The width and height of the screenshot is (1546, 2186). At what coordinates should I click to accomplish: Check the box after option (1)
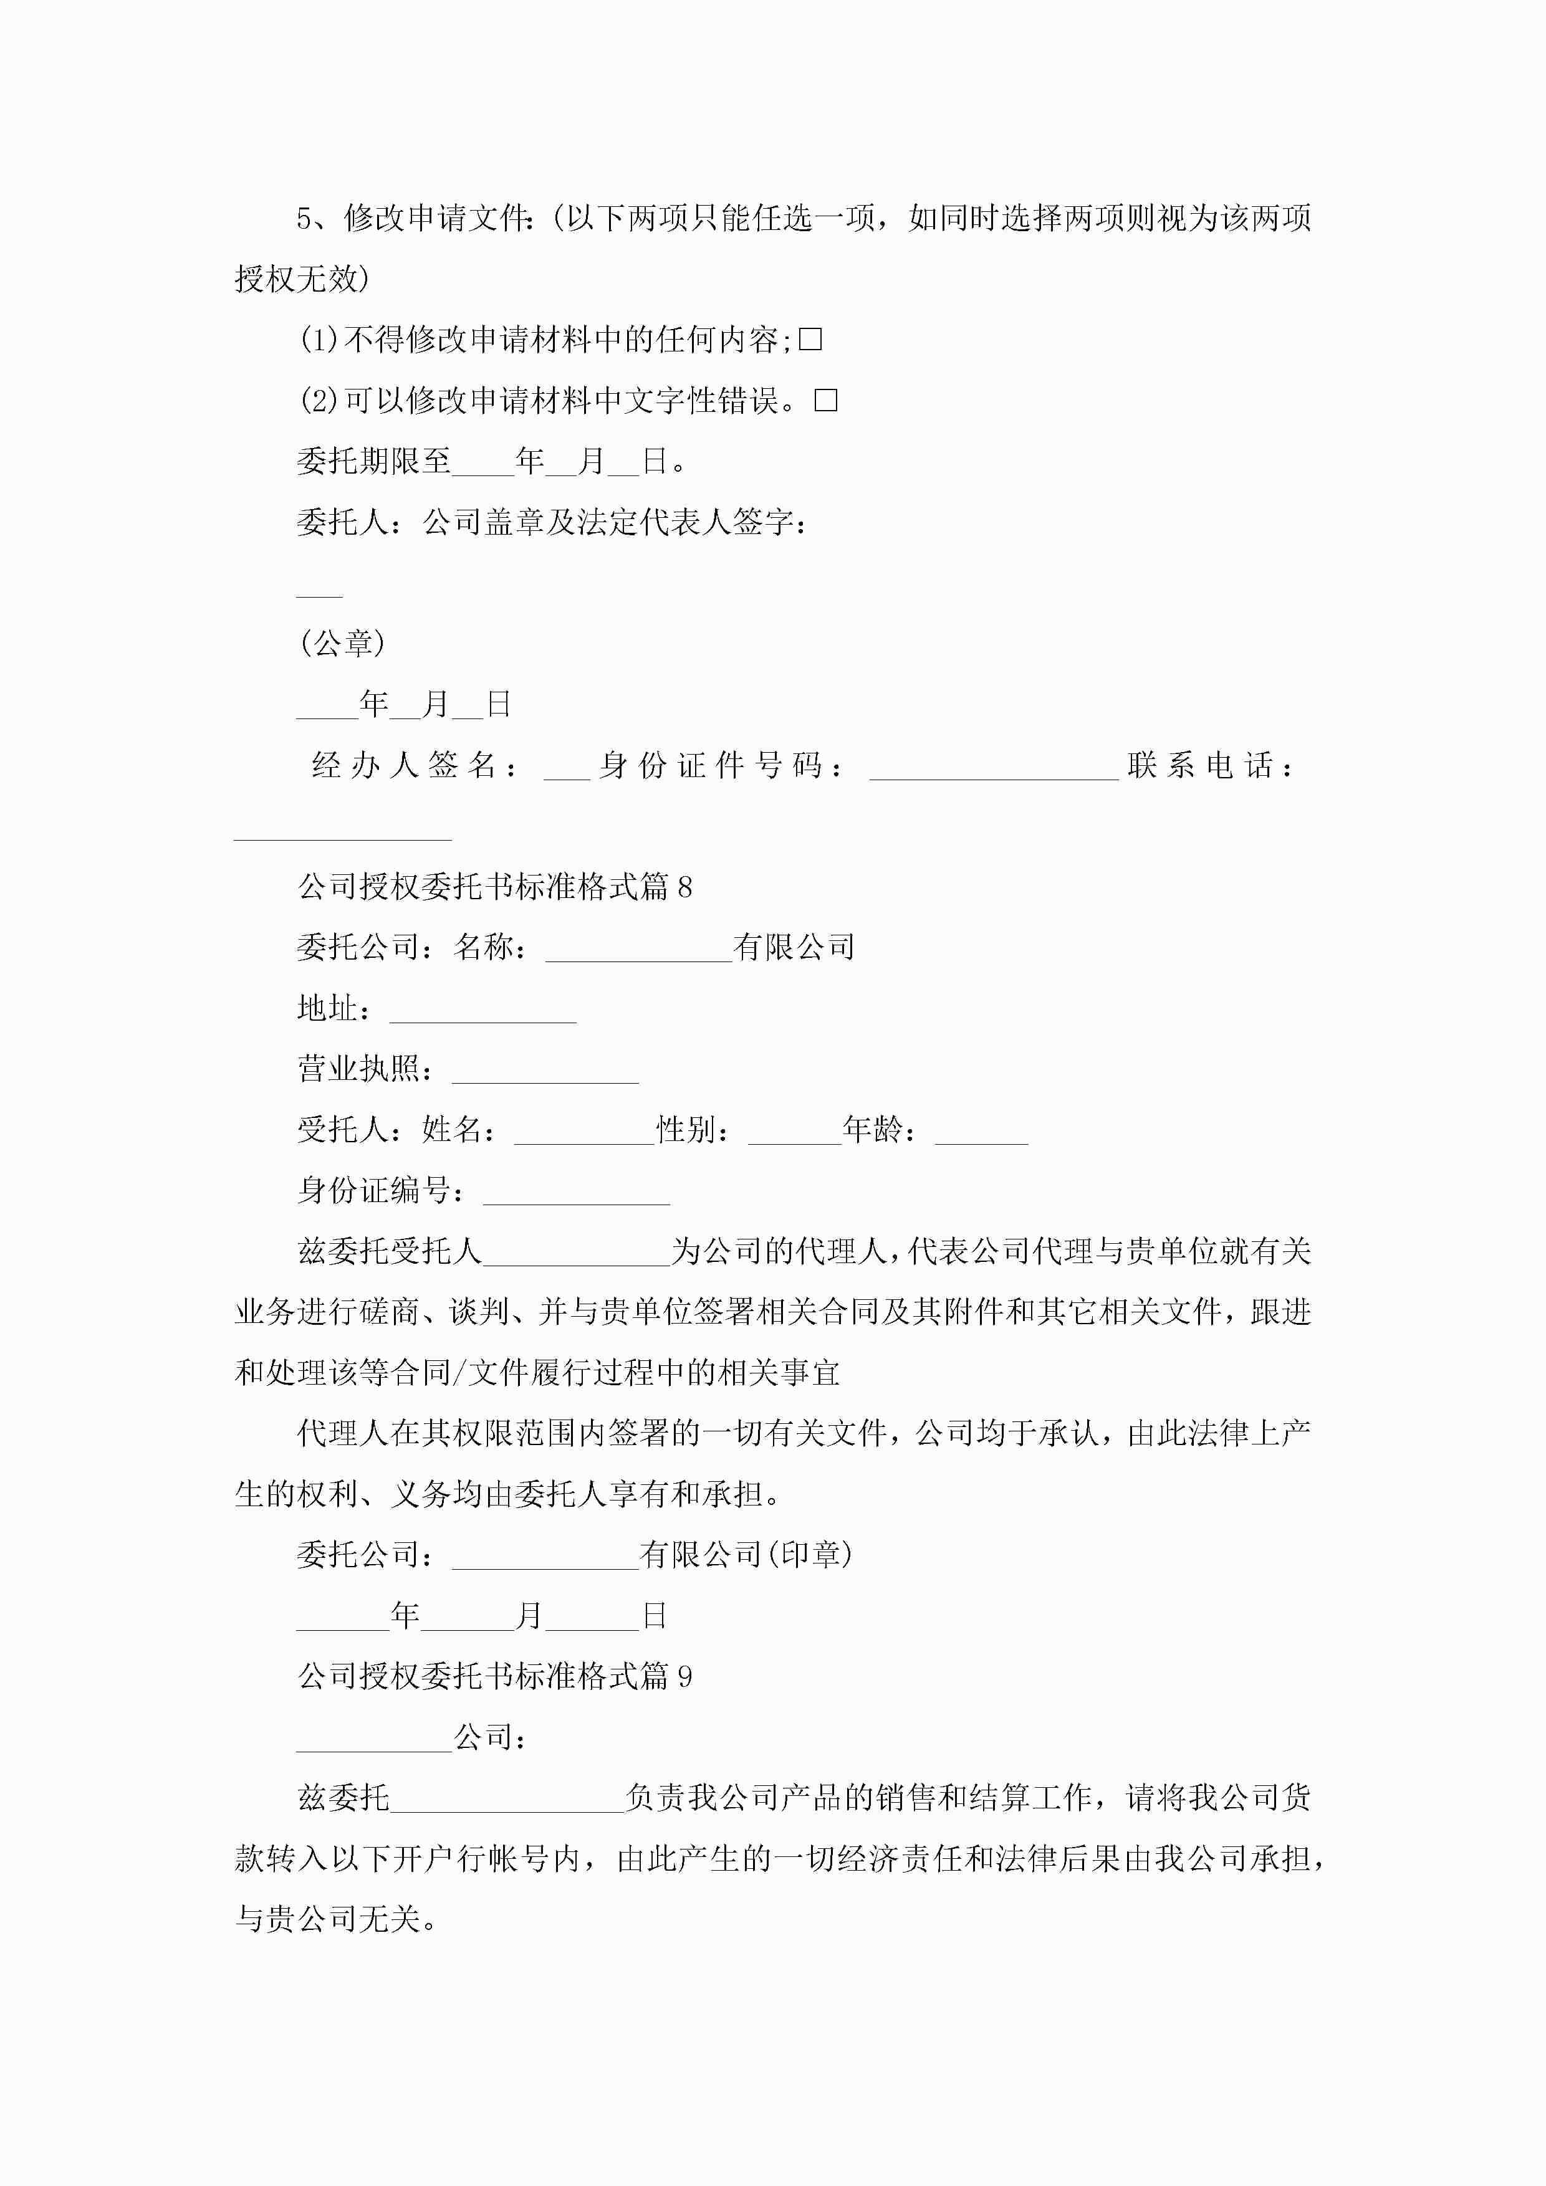pos(810,339)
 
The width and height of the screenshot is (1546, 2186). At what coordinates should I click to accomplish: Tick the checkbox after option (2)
pos(826,400)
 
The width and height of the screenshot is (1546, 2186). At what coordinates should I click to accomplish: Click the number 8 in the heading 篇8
pos(685,887)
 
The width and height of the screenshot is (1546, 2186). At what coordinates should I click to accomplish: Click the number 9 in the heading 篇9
pos(685,1677)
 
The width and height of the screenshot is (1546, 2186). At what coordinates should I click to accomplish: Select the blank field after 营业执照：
pos(545,1073)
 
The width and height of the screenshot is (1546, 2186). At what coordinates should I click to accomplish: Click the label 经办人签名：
pos(415,765)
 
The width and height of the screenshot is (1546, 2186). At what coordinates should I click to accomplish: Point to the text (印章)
pos(810,1555)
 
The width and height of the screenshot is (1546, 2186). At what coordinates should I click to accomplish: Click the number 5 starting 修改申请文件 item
pos(305,219)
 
